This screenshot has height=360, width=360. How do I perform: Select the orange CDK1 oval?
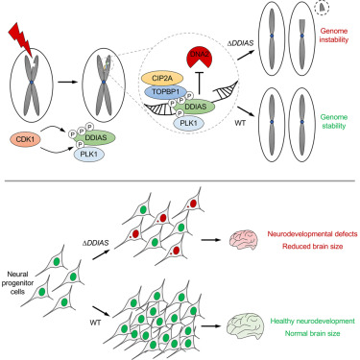pyautogui.click(x=24, y=140)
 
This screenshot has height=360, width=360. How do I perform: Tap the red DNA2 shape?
pyautogui.click(x=199, y=58)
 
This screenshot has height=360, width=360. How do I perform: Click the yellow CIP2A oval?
pyautogui.click(x=162, y=79)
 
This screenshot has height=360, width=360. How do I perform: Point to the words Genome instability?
pyautogui.click(x=334, y=36)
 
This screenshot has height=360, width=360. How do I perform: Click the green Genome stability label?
pyautogui.click(x=334, y=122)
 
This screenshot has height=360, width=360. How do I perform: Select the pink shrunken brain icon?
pyautogui.click(x=244, y=239)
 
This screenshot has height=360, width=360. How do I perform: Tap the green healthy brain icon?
pyautogui.click(x=245, y=326)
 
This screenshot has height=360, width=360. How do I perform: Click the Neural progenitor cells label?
pyautogui.click(x=17, y=282)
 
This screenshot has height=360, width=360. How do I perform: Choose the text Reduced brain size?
pyautogui.click(x=312, y=247)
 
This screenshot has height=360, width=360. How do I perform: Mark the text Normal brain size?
pyautogui.click(x=312, y=333)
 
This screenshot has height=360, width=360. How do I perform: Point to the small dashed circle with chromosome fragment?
pyautogui.click(x=322, y=7)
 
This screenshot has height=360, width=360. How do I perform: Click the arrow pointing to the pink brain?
pyautogui.click(x=211, y=239)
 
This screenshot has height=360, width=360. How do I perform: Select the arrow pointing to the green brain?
pyautogui.click(x=211, y=326)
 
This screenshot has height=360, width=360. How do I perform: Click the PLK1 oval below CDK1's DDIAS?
pyautogui.click(x=89, y=154)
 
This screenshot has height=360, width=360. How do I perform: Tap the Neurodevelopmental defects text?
pyautogui.click(x=312, y=234)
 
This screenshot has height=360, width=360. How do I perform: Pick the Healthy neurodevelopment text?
pyautogui.click(x=312, y=321)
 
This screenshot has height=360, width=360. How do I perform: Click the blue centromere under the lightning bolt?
pyautogui.click(x=32, y=83)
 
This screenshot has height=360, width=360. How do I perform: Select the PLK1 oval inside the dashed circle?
pyautogui.click(x=189, y=122)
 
